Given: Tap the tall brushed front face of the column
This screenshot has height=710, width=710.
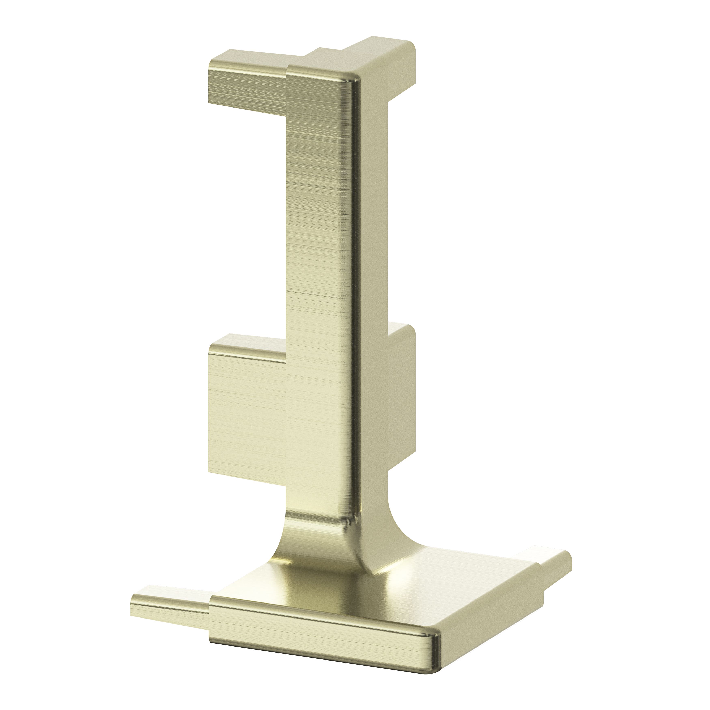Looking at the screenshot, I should point(316,257).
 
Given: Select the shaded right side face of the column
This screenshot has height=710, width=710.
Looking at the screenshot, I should point(371,294).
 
